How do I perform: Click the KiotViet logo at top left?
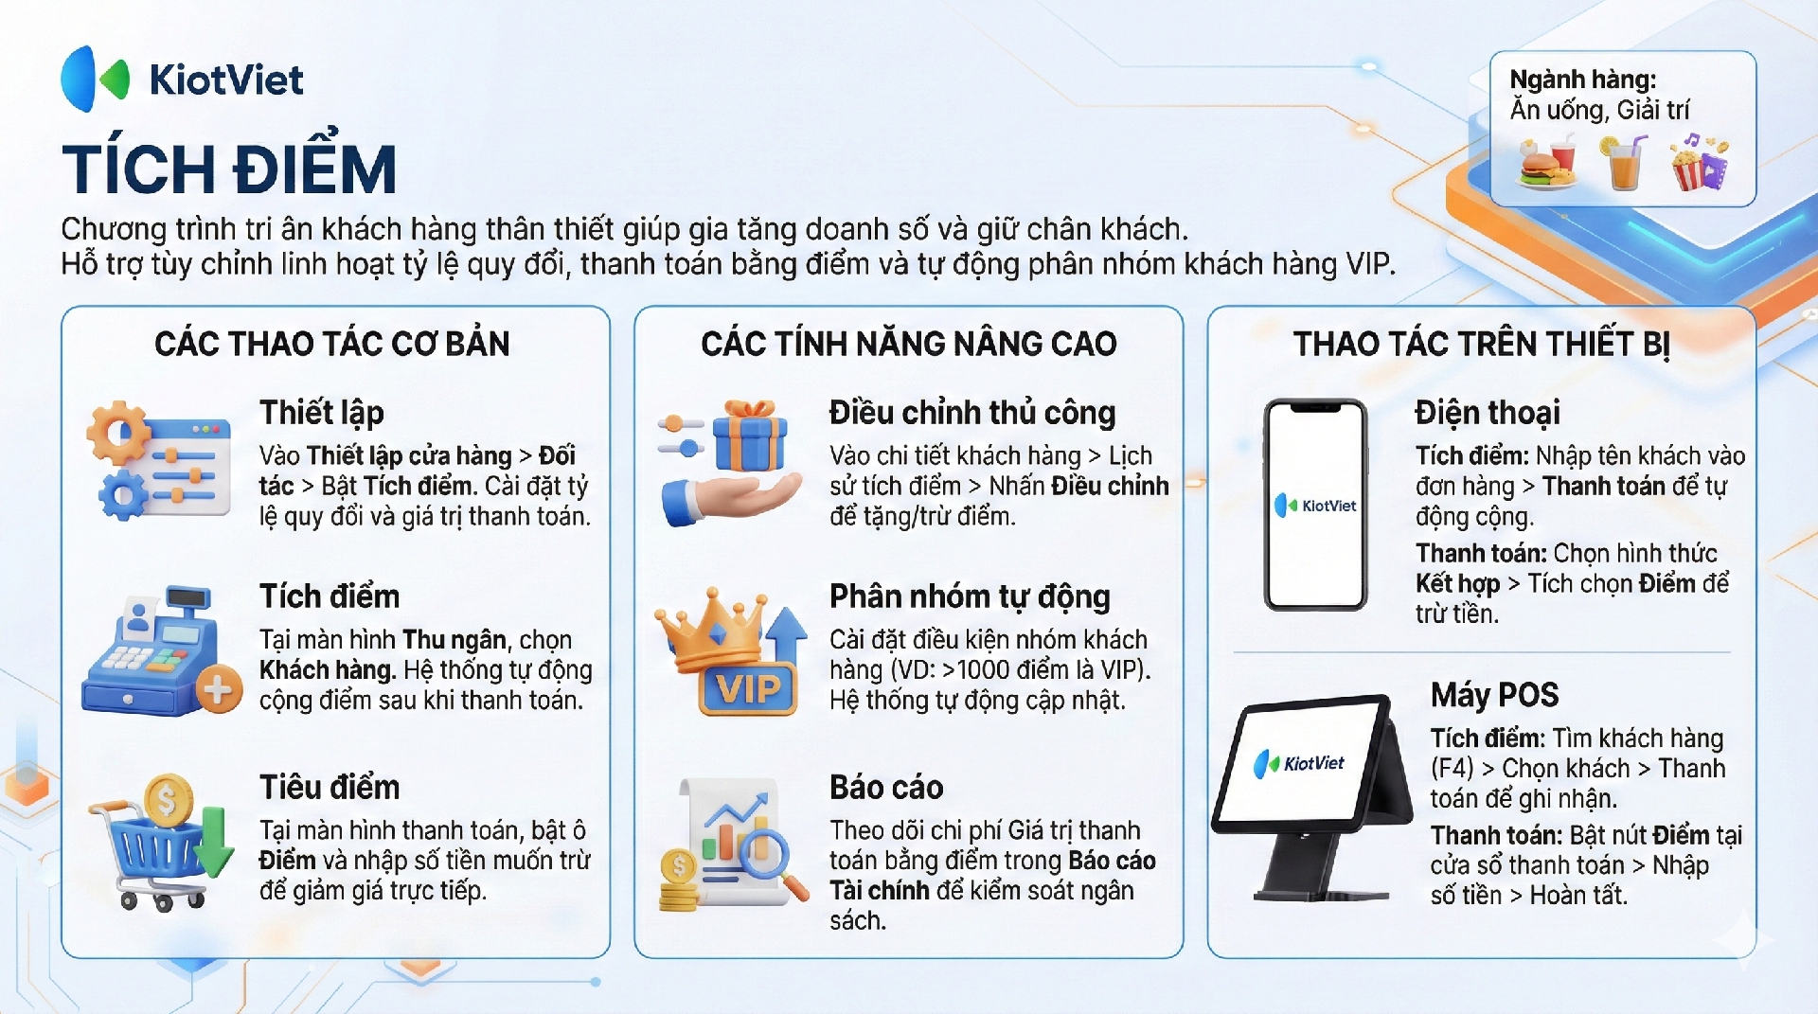pos(182,80)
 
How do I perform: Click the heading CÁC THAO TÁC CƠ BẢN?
pos(332,344)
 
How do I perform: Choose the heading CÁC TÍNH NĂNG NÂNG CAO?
pos(909,344)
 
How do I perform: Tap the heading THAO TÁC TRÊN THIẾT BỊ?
pos(1482,344)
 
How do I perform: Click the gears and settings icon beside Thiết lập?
pos(158,460)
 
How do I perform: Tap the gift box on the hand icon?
pos(749,436)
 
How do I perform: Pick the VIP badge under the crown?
pos(748,688)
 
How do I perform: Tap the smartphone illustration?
pos(1315,505)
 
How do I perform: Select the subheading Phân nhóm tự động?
pos(970,596)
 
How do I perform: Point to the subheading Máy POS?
pos(1494,695)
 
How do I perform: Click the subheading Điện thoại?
pos(1487,413)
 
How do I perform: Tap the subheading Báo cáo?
pos(886,788)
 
